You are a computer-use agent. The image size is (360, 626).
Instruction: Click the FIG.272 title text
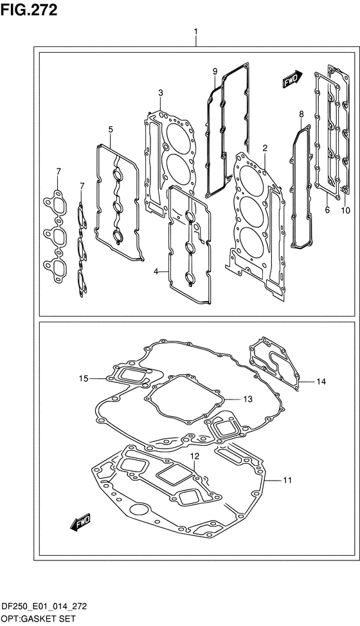29,10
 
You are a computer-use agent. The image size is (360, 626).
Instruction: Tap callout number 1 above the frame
196,31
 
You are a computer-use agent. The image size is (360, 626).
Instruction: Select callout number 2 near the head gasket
265,149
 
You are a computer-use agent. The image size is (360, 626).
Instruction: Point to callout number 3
160,93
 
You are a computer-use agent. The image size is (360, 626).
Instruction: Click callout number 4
156,272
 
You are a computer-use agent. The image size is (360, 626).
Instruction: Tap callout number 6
327,210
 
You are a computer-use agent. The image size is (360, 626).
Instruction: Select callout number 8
301,115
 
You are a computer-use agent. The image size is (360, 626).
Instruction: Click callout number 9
215,71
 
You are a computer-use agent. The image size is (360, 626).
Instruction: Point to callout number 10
346,210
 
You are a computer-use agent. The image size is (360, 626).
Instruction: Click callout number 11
287,481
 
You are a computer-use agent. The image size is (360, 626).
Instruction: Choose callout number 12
194,456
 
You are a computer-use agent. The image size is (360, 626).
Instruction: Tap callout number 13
248,399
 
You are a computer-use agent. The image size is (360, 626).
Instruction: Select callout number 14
321,382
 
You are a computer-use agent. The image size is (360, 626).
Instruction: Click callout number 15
83,379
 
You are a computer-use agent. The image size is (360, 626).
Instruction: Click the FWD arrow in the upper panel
293,79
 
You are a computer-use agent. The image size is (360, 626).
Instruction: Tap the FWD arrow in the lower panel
81,522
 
